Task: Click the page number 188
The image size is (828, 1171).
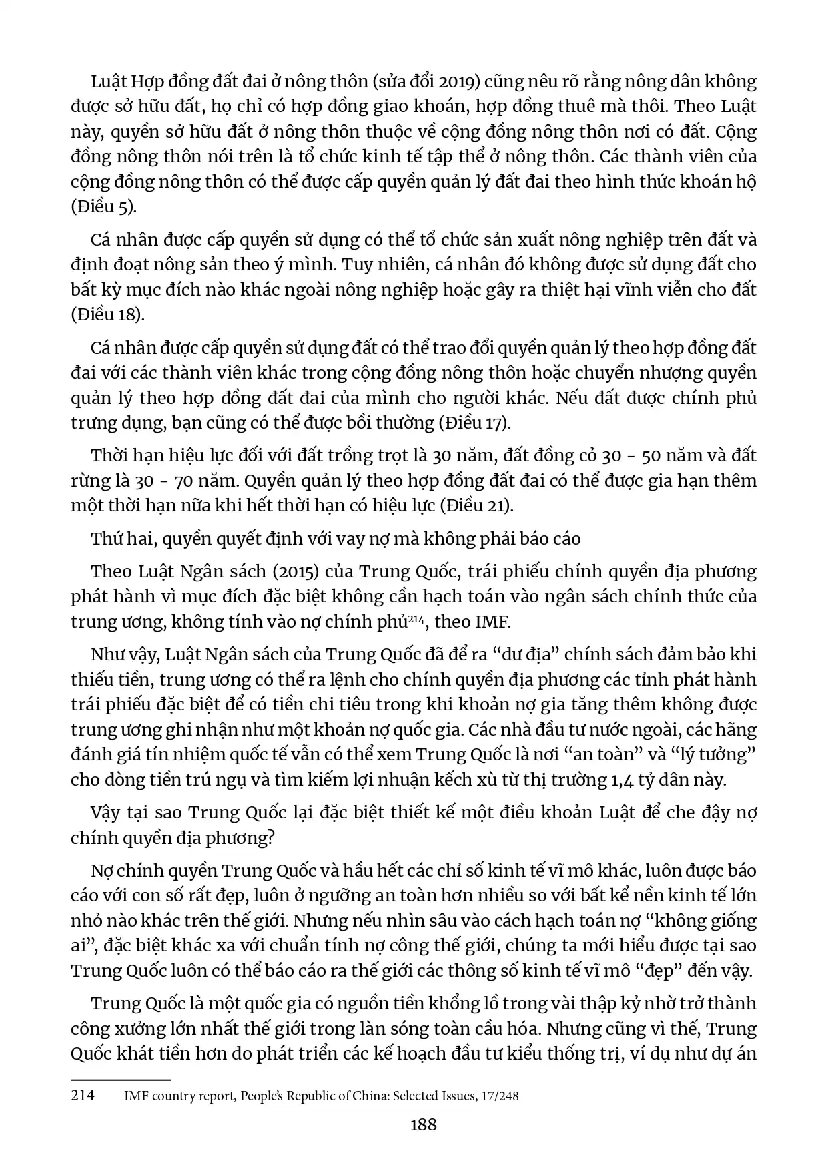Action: (423, 1125)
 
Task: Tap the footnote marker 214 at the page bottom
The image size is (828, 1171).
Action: (83, 1096)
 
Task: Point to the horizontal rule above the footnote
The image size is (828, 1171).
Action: (121, 1079)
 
